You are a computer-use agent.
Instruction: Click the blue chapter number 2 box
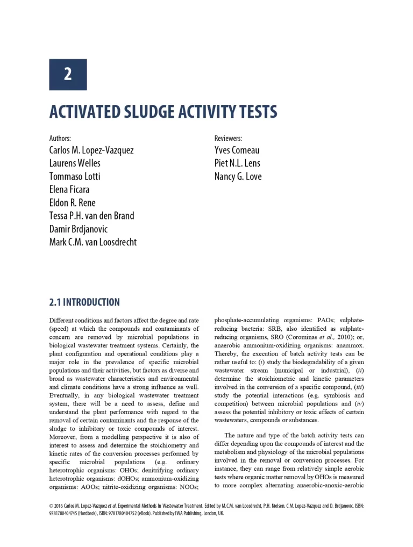point(68,75)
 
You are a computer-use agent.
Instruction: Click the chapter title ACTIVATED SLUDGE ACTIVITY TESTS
point(163,112)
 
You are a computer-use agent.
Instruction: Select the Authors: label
point(60,138)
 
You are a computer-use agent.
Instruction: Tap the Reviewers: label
point(228,138)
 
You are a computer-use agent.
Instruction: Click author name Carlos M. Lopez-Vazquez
point(91,150)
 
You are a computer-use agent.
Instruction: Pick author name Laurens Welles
point(75,163)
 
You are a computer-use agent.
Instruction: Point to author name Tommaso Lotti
point(75,176)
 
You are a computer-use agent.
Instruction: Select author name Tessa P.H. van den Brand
point(92,216)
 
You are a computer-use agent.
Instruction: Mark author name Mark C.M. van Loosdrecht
point(93,242)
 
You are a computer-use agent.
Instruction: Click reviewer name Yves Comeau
point(237,150)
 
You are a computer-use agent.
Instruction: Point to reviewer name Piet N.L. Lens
point(237,163)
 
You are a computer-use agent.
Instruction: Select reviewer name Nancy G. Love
point(238,176)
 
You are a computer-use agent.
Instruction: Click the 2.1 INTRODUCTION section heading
point(84,302)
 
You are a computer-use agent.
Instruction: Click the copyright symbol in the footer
point(51,506)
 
